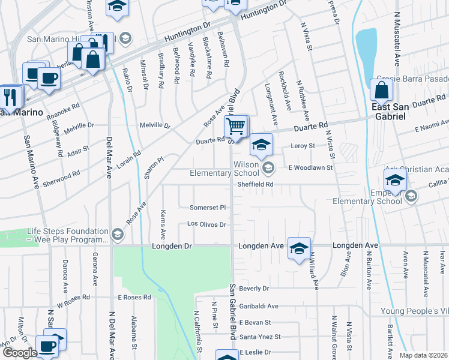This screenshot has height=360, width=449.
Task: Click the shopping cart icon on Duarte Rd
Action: [x=237, y=127]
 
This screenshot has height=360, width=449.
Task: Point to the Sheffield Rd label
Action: [x=255, y=185]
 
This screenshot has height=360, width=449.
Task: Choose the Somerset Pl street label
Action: [x=207, y=207]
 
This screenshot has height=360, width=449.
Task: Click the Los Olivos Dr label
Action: [x=206, y=224]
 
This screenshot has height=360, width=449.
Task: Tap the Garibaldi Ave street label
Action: [x=259, y=305]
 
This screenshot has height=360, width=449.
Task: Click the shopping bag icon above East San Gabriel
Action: [x=381, y=91]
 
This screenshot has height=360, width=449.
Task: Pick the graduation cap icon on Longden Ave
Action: [x=299, y=248]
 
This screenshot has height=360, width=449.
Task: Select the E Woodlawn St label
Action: [x=310, y=168]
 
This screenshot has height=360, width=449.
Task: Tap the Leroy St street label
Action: [x=303, y=146]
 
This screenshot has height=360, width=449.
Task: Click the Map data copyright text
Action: [x=423, y=355]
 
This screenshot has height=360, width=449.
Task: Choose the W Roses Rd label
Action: [x=73, y=297]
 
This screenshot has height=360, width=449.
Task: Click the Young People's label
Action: [x=414, y=311]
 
